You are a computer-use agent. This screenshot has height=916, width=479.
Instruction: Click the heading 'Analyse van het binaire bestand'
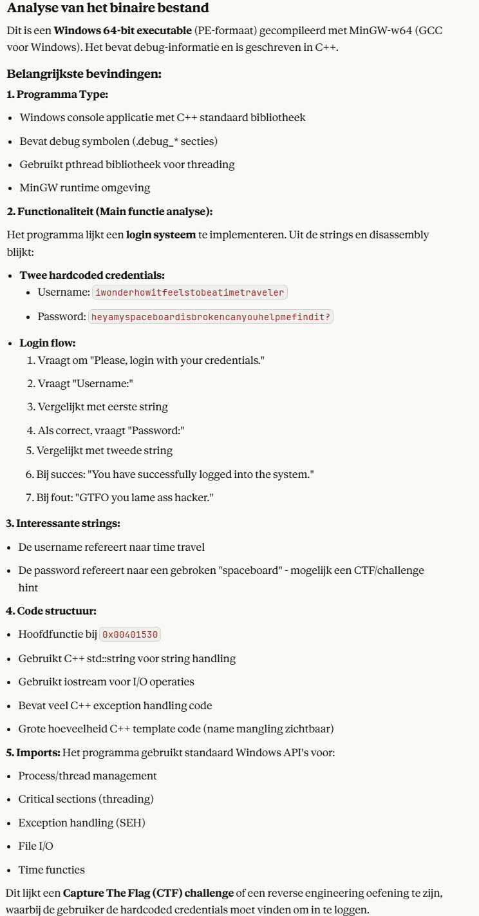tap(108, 9)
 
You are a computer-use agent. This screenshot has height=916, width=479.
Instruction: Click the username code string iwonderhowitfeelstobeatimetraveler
tap(190, 292)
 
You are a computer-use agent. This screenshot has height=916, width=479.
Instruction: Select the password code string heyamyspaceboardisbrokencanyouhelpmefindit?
tap(212, 317)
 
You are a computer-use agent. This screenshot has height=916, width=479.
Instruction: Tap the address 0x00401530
tap(130, 635)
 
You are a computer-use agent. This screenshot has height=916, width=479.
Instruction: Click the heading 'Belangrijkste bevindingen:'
tap(84, 73)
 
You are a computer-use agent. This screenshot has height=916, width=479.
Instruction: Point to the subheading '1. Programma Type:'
tap(57, 95)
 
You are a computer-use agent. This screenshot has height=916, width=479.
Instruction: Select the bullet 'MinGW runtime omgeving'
tap(84, 187)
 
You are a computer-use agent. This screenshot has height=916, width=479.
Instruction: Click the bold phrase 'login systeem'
tap(160, 234)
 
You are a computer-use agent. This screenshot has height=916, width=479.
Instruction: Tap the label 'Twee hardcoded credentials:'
tap(92, 275)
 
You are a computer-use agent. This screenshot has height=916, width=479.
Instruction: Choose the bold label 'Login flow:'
tap(48, 343)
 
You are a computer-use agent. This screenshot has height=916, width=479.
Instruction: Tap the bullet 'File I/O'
tap(36, 846)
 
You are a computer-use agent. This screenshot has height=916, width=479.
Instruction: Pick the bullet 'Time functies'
tap(52, 870)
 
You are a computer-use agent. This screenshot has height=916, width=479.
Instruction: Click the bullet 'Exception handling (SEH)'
tap(75, 823)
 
